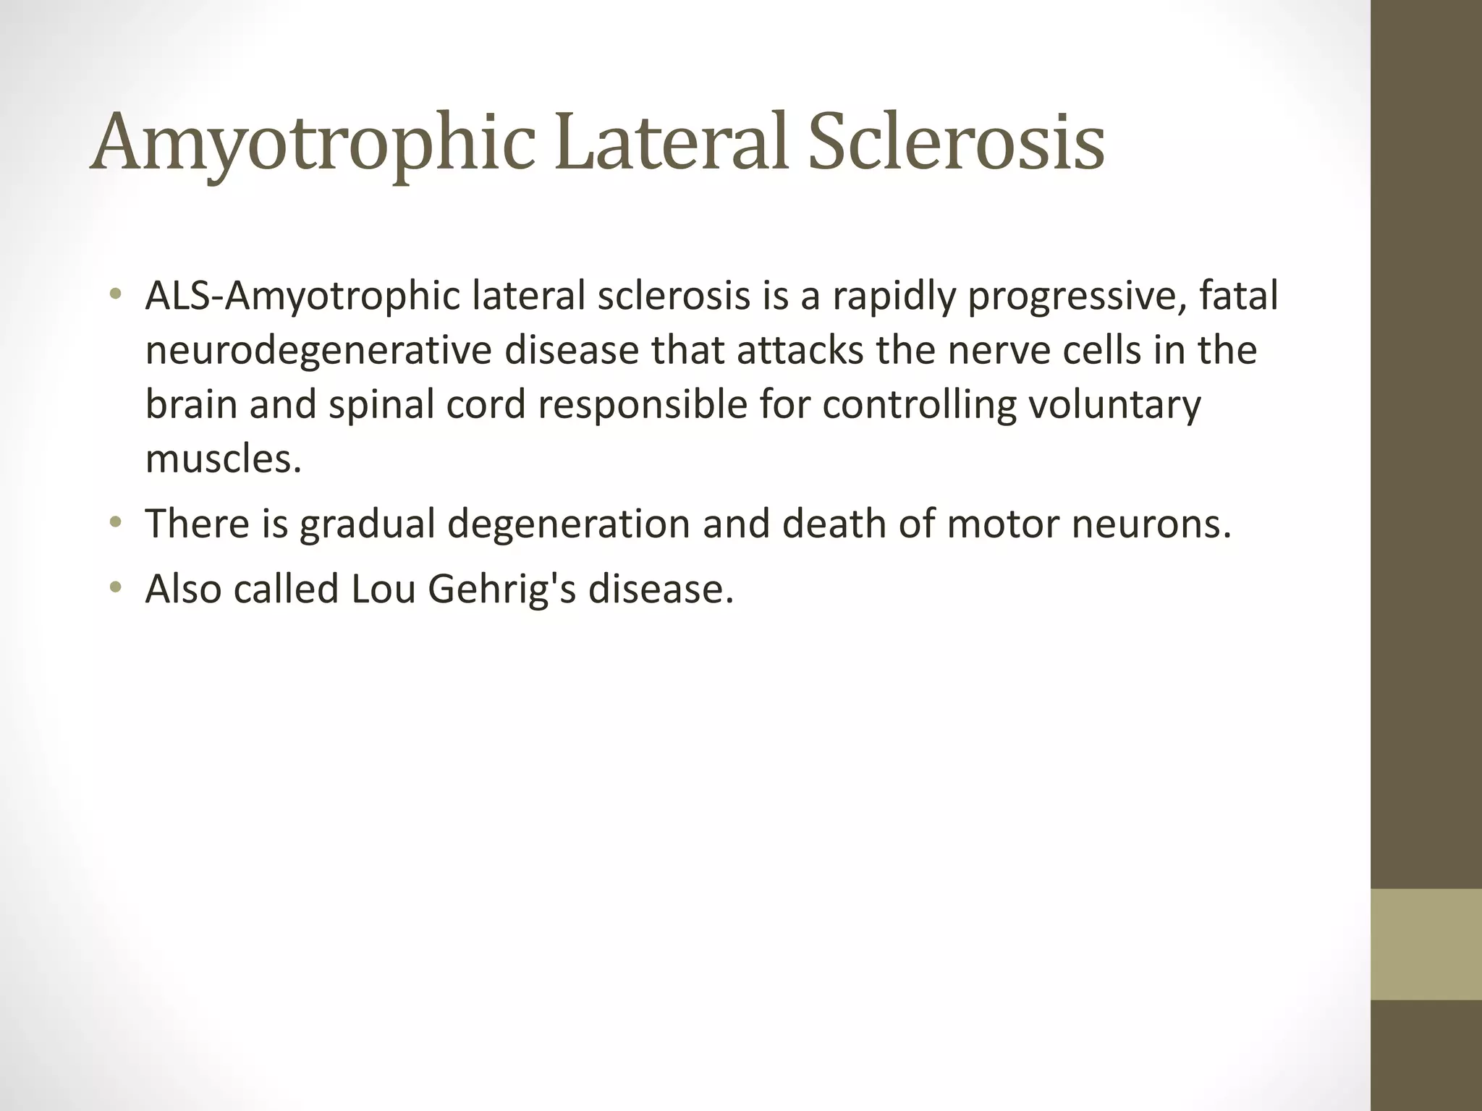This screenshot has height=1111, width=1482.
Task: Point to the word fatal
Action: tap(1238, 296)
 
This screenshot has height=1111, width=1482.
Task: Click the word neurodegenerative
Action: tap(318, 352)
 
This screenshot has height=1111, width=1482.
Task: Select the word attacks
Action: tap(800, 350)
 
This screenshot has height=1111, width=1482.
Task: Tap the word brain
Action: tap(191, 404)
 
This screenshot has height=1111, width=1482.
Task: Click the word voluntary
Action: tap(1114, 406)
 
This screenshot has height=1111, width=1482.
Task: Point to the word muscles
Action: tap(222, 459)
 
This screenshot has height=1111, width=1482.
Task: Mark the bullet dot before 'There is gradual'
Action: tap(115, 522)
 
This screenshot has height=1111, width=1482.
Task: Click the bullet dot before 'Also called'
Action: tap(115, 587)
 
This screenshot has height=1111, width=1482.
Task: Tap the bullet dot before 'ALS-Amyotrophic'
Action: tap(115, 294)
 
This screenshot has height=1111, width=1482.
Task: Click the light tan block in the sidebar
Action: tap(1426, 945)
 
